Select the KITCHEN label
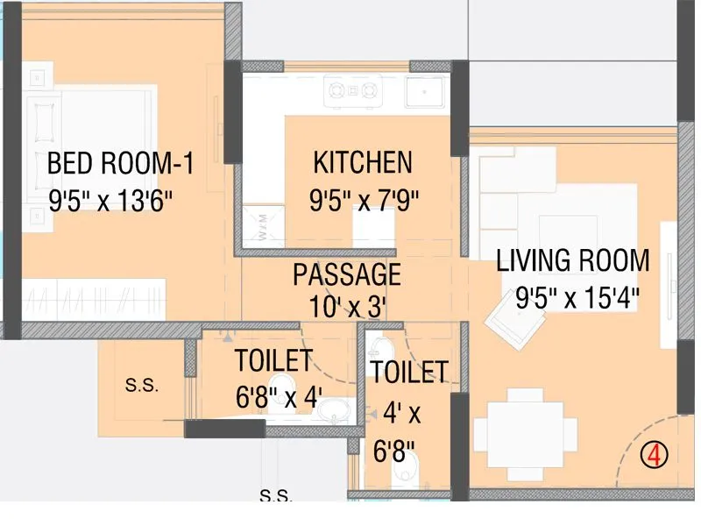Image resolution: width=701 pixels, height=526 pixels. click(363, 163)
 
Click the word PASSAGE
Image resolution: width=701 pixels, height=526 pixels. click(347, 274)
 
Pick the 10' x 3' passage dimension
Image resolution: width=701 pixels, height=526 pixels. click(348, 307)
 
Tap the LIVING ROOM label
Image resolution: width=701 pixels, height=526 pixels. click(573, 261)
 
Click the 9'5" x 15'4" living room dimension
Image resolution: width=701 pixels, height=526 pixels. click(577, 298)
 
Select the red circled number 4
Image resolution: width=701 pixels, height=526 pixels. click(654, 455)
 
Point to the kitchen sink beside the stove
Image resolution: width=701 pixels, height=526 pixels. click(425, 89)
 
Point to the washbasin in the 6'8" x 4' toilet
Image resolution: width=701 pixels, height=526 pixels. click(334, 412)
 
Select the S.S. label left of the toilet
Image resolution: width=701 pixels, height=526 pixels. click(141, 386)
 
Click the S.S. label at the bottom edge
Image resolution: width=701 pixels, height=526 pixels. click(277, 496)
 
